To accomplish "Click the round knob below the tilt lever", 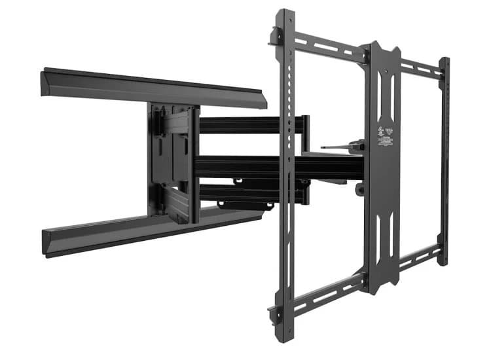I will (x=359, y=189).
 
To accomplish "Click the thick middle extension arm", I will (x=275, y=167).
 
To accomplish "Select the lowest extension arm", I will (x=249, y=193).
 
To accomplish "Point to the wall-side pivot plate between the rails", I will (x=172, y=160).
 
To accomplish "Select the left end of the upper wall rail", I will (x=46, y=80).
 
